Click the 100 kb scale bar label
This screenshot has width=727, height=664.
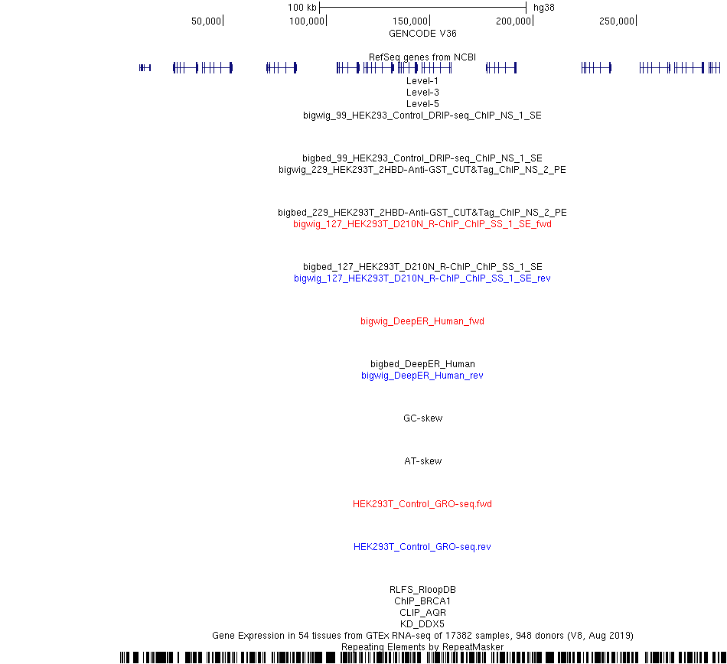point(302,8)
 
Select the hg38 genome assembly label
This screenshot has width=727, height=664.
point(544,8)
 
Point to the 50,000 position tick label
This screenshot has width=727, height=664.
point(206,21)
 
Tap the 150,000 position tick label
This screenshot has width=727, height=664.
point(410,21)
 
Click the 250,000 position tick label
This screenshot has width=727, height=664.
point(616,21)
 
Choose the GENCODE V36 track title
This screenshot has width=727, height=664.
point(422,34)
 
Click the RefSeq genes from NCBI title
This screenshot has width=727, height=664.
point(422,57)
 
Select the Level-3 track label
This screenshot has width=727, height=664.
point(422,93)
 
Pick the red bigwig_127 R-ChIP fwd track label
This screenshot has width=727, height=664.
point(422,224)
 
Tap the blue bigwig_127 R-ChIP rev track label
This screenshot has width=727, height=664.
point(422,278)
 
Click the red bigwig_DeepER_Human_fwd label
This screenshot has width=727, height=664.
point(422,321)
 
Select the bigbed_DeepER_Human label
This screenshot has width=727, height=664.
point(422,363)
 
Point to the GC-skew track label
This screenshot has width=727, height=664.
point(423,418)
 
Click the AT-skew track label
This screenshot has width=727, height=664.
point(423,461)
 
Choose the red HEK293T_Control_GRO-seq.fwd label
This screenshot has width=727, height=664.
point(422,503)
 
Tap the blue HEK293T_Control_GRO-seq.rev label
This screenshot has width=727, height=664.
point(422,547)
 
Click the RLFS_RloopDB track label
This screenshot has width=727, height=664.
point(422,589)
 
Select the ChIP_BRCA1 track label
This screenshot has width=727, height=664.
point(422,601)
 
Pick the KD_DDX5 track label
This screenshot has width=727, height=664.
point(422,623)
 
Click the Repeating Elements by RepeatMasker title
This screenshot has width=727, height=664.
point(422,647)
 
